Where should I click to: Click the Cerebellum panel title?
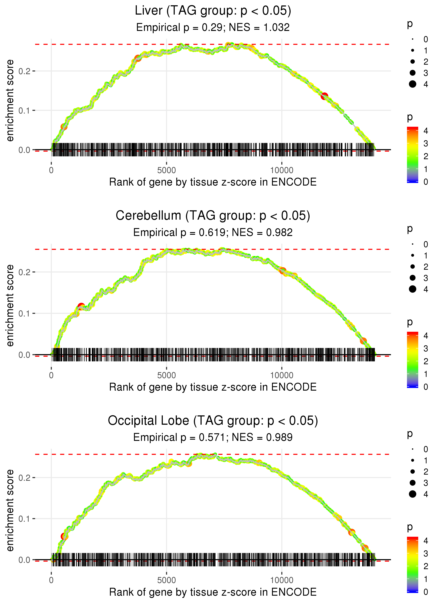(213, 216)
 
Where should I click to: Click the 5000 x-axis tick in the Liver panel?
(166, 170)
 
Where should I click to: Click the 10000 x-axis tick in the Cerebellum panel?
(282, 375)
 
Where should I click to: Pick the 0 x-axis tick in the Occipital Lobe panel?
(51, 580)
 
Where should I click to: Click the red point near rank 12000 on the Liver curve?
(324, 96)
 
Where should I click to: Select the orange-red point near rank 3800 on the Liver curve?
(138, 58)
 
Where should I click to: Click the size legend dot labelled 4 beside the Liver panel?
(412, 84)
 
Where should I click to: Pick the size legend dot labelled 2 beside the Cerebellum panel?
(412, 267)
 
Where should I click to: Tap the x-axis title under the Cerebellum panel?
(213, 387)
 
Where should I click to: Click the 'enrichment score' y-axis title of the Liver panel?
(10, 101)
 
